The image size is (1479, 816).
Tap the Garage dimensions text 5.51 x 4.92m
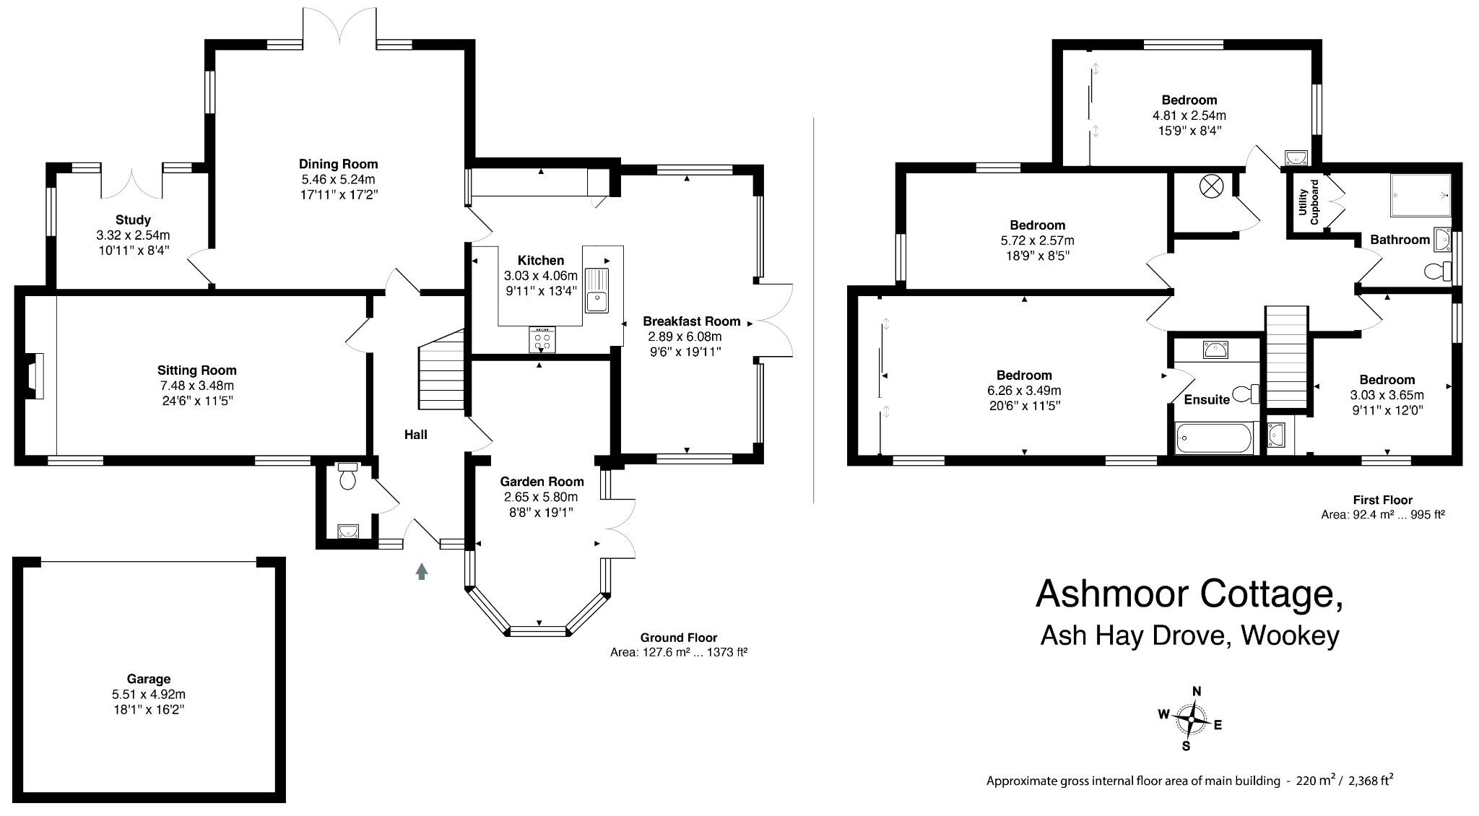coord(148,694)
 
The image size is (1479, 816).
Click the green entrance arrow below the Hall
coord(422,571)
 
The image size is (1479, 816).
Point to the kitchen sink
coord(597,290)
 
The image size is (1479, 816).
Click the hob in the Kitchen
coord(542,340)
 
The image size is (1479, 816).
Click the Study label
coord(133,220)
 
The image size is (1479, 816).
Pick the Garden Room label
coord(542,482)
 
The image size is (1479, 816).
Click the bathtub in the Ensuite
coord(1214,438)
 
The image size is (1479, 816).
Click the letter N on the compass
coord(1197,691)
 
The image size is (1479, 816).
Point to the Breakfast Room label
coord(691,321)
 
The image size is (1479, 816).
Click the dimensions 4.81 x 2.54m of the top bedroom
coord(1189,116)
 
